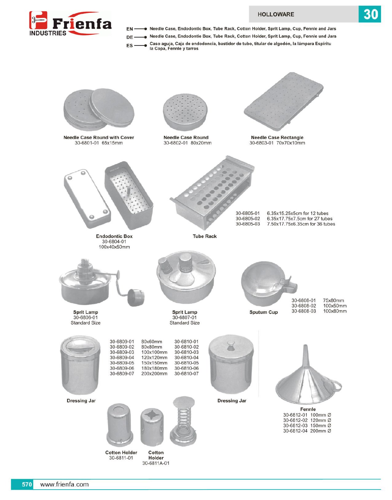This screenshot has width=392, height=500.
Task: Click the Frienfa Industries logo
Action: click(70, 24)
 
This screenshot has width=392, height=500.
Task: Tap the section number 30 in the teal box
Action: click(370, 14)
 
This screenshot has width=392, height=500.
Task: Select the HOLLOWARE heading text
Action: click(276, 14)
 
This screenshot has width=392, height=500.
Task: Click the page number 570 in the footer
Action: click(27, 484)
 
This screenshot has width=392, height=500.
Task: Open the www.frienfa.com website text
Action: click(65, 484)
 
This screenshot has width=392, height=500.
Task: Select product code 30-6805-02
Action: click(248, 219)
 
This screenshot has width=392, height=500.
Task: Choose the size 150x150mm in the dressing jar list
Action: click(154, 363)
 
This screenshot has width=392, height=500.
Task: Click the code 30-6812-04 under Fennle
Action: click(295, 431)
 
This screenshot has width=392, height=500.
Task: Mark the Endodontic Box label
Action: click(114, 236)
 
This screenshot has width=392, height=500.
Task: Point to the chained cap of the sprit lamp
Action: click(136, 297)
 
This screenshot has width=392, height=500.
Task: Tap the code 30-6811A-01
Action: click(156, 463)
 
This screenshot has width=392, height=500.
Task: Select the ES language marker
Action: click(130, 46)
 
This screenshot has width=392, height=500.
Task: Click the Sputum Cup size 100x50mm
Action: click(335, 306)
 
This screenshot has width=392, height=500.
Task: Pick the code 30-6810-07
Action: click(186, 374)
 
